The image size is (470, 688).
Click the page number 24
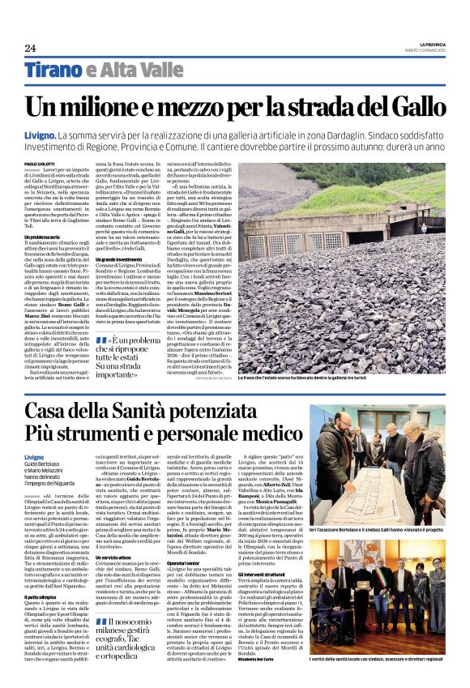coord(30,48)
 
